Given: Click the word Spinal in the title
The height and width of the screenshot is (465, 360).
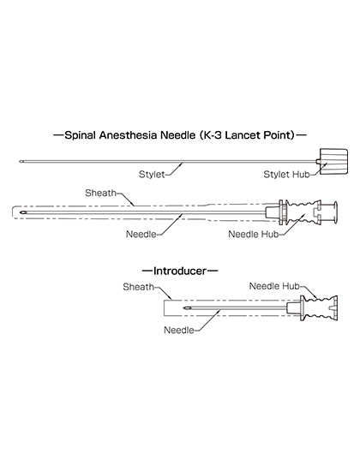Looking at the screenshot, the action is (x=80, y=135).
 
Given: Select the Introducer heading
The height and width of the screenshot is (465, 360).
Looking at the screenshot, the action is (x=179, y=271).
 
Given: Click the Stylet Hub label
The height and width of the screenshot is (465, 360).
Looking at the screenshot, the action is (x=286, y=175).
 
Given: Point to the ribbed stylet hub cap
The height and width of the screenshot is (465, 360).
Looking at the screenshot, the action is (x=333, y=161).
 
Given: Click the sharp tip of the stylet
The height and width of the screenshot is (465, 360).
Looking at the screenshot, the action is (x=20, y=162).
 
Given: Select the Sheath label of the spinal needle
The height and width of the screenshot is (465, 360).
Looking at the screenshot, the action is (x=100, y=193).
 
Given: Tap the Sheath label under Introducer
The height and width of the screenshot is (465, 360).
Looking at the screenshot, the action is (x=138, y=287).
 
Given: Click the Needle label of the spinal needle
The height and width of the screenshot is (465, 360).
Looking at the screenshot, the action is (x=141, y=234).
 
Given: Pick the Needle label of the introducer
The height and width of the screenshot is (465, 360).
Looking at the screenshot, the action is (x=179, y=330).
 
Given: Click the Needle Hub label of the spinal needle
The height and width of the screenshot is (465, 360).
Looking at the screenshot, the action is (x=254, y=234).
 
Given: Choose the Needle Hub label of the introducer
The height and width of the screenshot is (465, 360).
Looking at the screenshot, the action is (x=274, y=286).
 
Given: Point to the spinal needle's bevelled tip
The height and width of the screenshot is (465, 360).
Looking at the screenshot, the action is (x=21, y=212).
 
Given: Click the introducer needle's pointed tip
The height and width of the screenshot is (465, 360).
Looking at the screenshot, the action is (x=185, y=308).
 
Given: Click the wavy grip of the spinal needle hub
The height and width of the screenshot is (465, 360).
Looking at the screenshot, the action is (x=300, y=212).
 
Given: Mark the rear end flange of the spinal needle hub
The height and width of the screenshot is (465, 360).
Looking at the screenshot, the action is (x=335, y=212).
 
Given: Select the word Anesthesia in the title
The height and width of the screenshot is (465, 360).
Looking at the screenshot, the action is (x=129, y=135).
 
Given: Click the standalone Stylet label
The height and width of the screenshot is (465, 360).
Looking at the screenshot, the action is (x=152, y=174).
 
